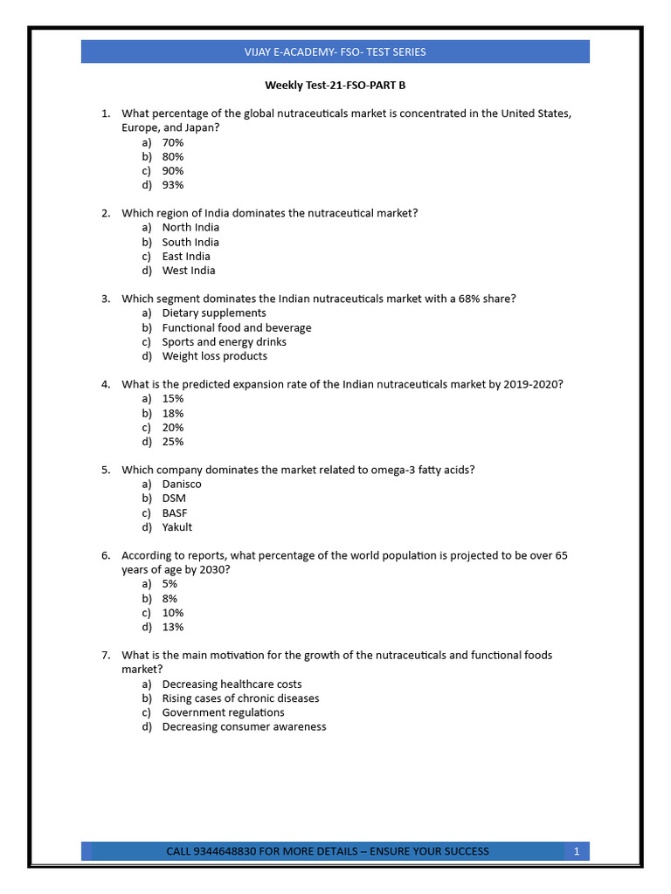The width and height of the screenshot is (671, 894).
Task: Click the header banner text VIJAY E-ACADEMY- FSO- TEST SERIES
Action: tap(335, 52)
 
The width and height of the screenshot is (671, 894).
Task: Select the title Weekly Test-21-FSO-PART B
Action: tap(335, 86)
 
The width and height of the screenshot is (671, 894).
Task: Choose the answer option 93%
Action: tap(173, 185)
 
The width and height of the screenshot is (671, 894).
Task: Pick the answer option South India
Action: tap(190, 242)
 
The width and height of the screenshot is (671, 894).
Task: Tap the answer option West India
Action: tap(189, 271)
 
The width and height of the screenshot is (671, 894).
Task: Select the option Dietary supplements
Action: tap(214, 313)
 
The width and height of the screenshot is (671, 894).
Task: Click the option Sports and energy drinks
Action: tap(224, 341)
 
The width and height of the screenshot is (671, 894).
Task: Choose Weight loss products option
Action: tap(215, 356)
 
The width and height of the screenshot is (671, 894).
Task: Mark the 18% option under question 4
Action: tap(173, 413)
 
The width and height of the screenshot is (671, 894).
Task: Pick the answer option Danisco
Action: tap(182, 484)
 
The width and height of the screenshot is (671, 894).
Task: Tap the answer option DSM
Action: tap(174, 498)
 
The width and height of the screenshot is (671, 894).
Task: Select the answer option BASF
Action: tap(175, 512)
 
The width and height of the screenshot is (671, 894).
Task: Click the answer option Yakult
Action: tap(177, 527)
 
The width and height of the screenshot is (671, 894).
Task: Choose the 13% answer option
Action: tap(173, 627)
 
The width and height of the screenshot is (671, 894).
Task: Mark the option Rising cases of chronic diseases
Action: tap(240, 698)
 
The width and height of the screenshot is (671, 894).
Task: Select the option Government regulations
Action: tap(223, 712)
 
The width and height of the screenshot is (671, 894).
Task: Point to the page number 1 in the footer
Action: tap(577, 851)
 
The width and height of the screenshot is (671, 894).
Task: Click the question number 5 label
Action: tap(106, 470)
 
